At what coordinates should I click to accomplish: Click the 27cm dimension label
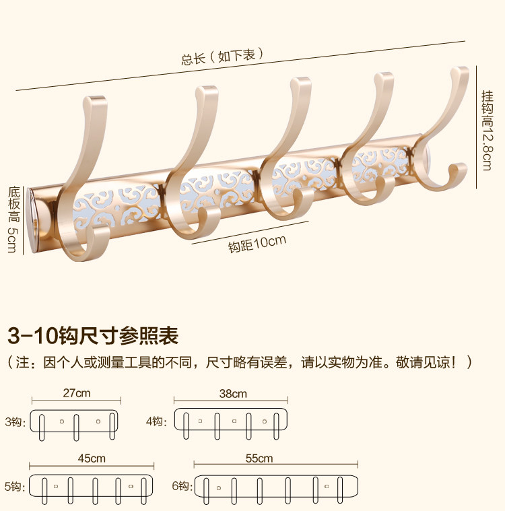click(76, 393)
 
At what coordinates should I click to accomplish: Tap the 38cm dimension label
click(233, 394)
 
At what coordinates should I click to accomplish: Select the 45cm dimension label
click(92, 458)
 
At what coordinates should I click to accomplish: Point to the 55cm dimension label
click(259, 458)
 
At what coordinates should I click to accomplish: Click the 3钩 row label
click(14, 422)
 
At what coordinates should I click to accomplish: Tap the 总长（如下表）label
click(222, 57)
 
